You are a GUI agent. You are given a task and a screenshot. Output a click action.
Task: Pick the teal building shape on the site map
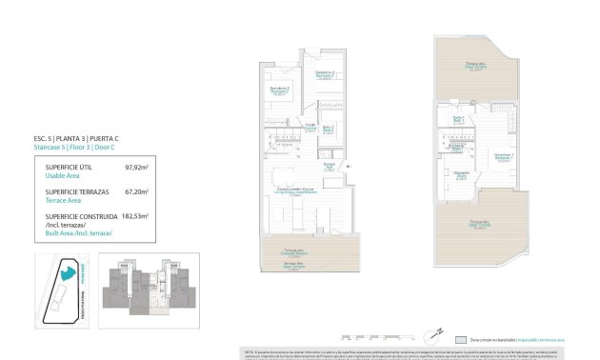(68, 273)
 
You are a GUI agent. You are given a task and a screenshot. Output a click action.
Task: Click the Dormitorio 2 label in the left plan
(280, 91)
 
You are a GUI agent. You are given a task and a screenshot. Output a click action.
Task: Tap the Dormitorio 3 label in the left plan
(324, 75)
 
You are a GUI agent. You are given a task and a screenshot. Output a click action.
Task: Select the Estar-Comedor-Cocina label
(296, 190)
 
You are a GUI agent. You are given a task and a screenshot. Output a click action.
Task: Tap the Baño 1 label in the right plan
(457, 118)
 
